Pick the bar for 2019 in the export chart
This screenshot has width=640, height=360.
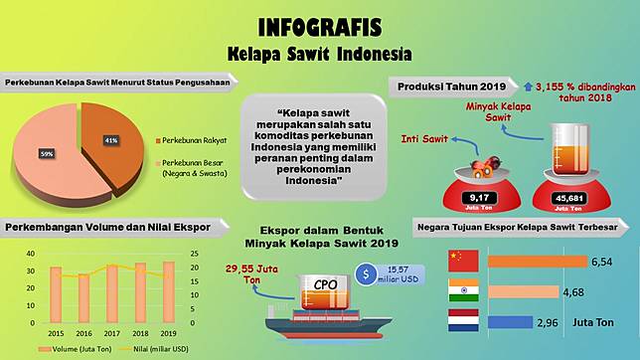point(168,294)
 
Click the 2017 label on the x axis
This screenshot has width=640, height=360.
point(112,333)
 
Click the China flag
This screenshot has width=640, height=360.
point(464,261)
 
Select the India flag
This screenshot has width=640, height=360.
point(464,291)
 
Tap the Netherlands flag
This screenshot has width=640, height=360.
point(464,321)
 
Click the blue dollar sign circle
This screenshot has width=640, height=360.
point(367,272)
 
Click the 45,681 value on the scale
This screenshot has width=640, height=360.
point(569,196)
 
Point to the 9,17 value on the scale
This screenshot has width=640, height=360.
point(459,196)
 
